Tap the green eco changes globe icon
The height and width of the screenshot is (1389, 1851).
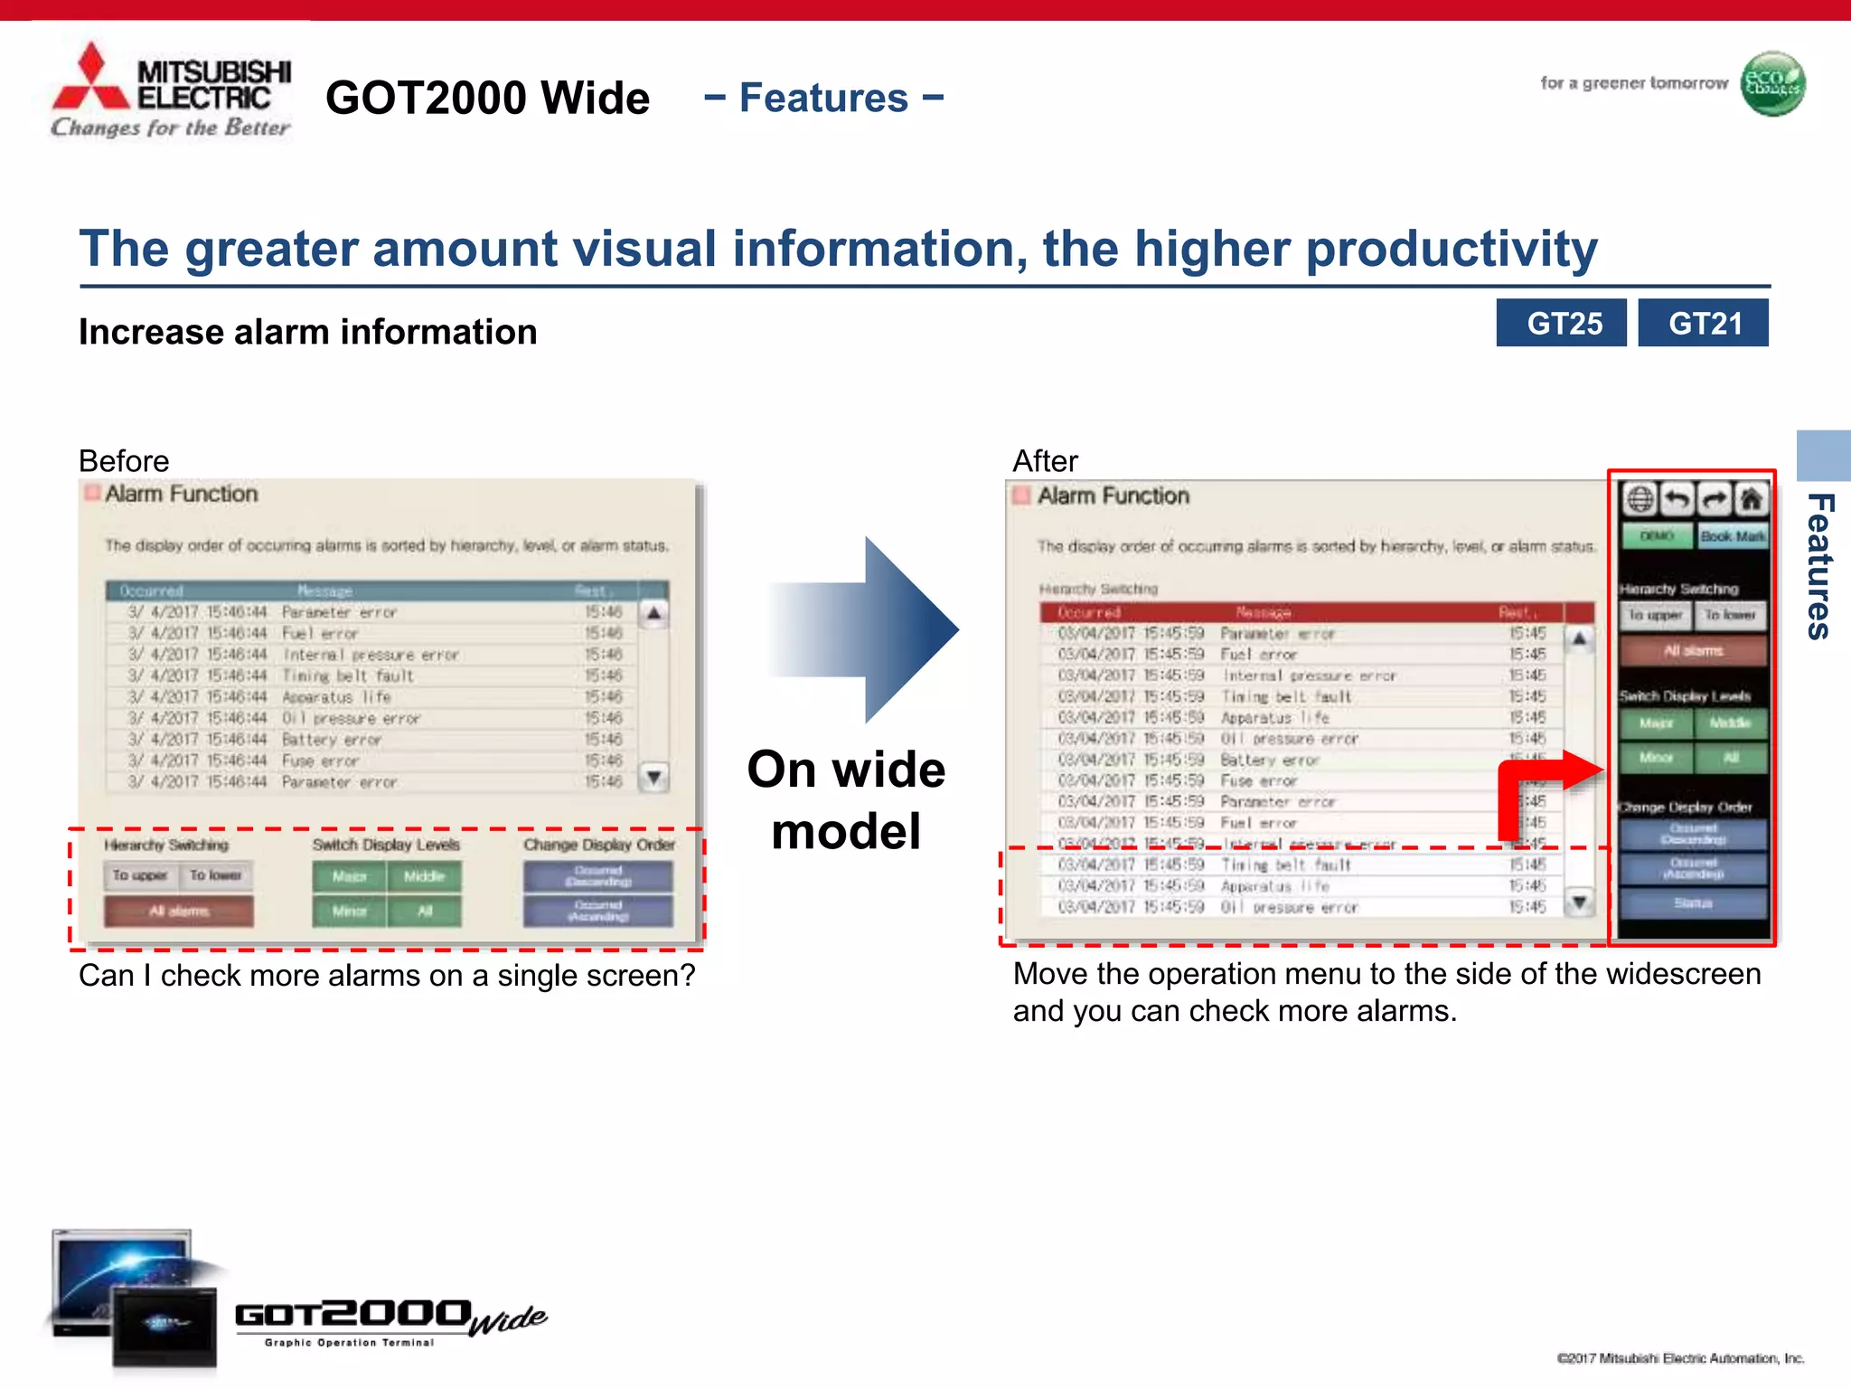(x=1772, y=84)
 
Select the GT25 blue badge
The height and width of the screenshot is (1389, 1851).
(x=1562, y=323)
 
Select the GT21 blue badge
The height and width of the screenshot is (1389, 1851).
(x=1704, y=323)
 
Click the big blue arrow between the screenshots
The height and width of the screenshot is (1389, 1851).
(x=868, y=629)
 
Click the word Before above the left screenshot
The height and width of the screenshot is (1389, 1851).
(x=124, y=461)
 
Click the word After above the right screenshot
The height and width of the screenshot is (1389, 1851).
(x=1045, y=461)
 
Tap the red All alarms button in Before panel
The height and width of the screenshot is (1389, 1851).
(x=179, y=911)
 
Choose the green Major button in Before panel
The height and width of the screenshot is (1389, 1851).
(x=350, y=876)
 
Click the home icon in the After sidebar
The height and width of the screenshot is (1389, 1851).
(x=1752, y=499)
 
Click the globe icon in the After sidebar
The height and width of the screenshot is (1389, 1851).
(x=1640, y=499)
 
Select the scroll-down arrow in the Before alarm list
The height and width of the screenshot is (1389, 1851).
(x=654, y=777)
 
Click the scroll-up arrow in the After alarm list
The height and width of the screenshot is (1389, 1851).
(x=1579, y=639)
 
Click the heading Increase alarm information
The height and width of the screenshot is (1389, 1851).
(x=307, y=332)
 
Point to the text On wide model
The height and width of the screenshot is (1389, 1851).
(x=846, y=799)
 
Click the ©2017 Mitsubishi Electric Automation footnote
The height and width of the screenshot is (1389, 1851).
(x=1680, y=1358)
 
